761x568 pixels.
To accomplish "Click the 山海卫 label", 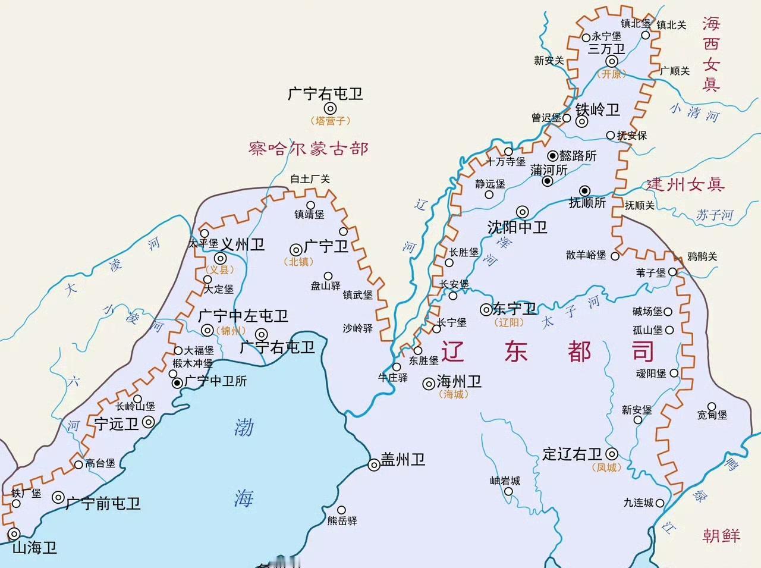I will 34,547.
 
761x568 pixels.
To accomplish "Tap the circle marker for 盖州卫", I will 374,466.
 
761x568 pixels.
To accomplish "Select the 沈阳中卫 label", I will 517,227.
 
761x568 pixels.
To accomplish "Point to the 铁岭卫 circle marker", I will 582,121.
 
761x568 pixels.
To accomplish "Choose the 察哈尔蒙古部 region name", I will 309,148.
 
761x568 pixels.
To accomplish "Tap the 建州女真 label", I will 685,184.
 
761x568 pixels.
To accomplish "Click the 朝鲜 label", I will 721,535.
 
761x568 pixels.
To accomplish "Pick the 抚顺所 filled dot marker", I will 585,190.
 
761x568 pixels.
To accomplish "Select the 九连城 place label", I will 639,503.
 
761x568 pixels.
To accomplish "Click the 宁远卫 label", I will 117,423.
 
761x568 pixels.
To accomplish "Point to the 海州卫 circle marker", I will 428,384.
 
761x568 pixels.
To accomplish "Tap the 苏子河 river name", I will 715,215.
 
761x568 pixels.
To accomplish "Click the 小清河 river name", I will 694,111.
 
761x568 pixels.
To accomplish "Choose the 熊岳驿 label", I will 342,520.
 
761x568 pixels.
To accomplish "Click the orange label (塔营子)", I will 330,120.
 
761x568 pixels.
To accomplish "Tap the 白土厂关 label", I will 309,179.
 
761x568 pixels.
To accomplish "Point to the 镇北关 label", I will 671,25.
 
